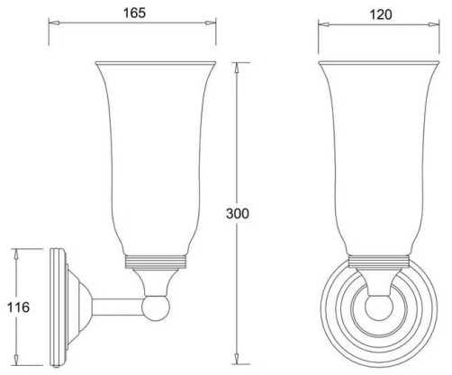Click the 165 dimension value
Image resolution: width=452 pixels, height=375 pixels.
tap(134, 13)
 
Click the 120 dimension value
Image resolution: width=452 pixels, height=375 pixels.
tap(380, 14)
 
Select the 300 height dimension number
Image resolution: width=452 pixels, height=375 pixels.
tap(238, 213)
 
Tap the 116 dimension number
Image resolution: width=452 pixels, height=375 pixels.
tap(18, 308)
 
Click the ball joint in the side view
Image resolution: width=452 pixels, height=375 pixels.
tap(156, 308)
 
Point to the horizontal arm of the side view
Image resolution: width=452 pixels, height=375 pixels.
tap(118, 308)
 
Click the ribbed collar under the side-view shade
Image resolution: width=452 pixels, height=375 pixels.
tap(156, 262)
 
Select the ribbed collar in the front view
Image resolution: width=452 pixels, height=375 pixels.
tap(379, 261)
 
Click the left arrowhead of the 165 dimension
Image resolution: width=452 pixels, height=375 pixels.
tap(54, 22)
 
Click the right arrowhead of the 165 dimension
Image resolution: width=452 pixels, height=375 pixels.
tap(210, 23)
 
